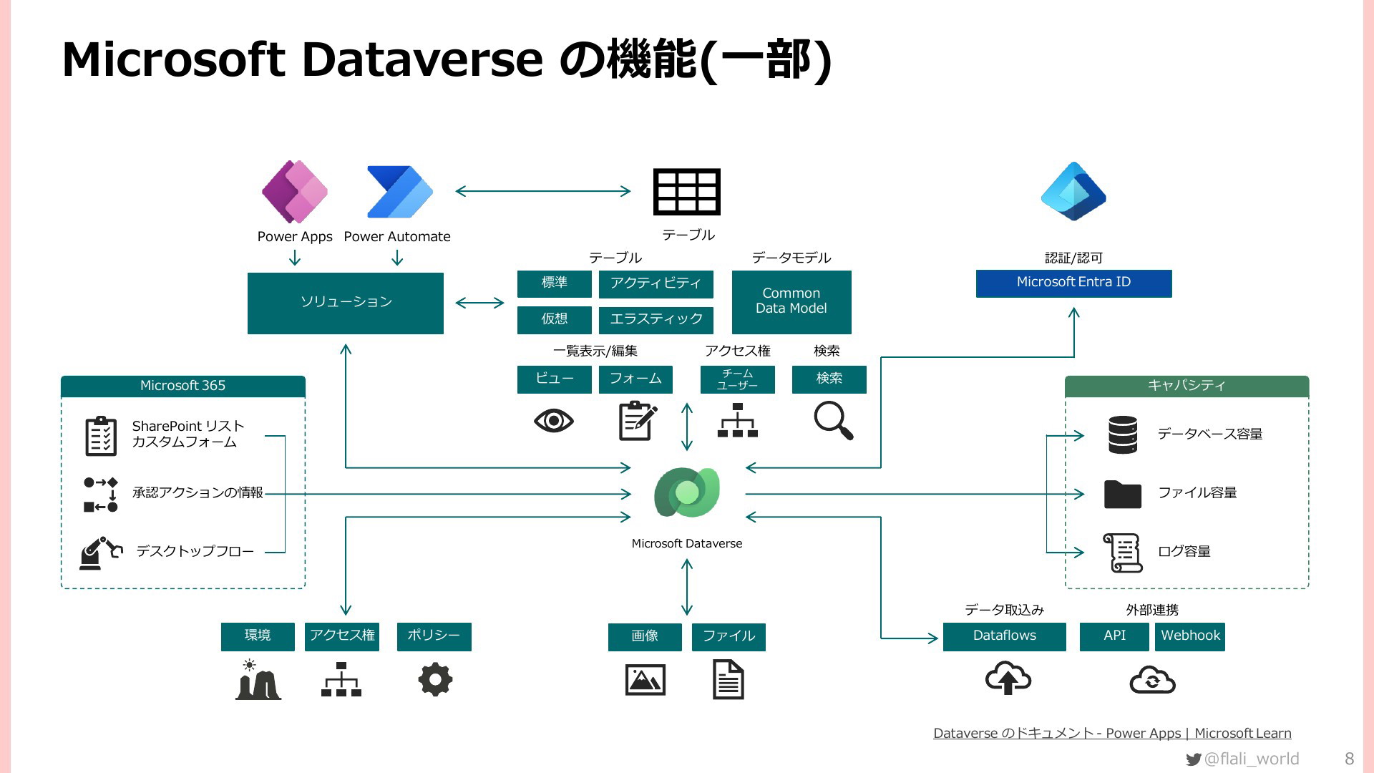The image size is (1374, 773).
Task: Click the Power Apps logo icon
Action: (x=295, y=192)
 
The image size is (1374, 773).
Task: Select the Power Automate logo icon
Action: (x=399, y=192)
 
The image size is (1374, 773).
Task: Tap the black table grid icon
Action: (x=687, y=192)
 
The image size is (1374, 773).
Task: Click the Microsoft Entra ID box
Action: (x=1073, y=283)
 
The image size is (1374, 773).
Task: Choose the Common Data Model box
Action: (x=791, y=301)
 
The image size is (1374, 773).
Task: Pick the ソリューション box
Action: (x=346, y=303)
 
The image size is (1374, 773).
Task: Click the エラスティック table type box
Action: (x=656, y=319)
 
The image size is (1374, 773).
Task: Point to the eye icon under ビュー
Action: (x=553, y=421)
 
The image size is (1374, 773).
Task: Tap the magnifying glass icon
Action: (x=834, y=420)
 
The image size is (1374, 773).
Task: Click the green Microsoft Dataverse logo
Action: (x=687, y=492)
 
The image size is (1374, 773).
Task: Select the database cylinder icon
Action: (x=1122, y=434)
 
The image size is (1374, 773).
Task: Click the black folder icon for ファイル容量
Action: (x=1122, y=494)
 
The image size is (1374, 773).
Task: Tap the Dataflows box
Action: (x=1004, y=636)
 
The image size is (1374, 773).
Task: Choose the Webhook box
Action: (x=1190, y=636)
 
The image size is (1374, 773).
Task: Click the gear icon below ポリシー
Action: (x=435, y=679)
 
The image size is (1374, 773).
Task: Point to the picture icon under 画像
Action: (x=645, y=680)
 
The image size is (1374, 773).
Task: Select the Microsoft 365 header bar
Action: (x=183, y=386)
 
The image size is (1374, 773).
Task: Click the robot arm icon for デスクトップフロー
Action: (x=100, y=553)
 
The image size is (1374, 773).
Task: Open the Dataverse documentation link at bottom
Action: (x=1112, y=733)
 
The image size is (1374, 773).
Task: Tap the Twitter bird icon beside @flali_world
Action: (x=1193, y=759)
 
